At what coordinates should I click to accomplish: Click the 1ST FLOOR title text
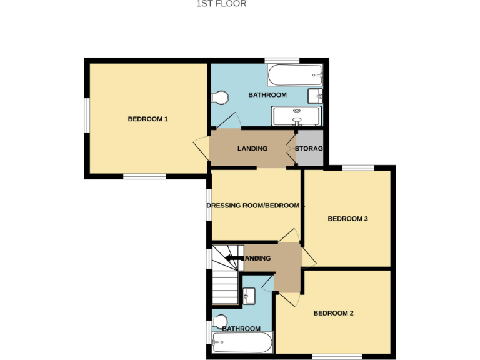click(x=221, y=4)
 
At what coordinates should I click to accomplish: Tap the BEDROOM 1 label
click(x=147, y=119)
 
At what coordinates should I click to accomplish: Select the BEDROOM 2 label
click(x=334, y=313)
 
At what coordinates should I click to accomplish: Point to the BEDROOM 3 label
click(x=347, y=219)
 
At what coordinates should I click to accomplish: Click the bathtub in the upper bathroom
click(x=294, y=77)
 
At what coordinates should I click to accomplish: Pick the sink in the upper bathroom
click(x=314, y=96)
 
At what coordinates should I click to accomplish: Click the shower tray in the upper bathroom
click(x=296, y=116)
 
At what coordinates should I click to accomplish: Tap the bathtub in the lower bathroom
click(x=242, y=342)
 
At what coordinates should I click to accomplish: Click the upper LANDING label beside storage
click(x=252, y=149)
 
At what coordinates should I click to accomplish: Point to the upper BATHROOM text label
click(x=267, y=95)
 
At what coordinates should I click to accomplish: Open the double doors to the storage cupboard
click(x=291, y=149)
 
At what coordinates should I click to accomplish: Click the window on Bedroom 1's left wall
click(x=86, y=114)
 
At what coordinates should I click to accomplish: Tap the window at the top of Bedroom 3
click(x=357, y=167)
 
